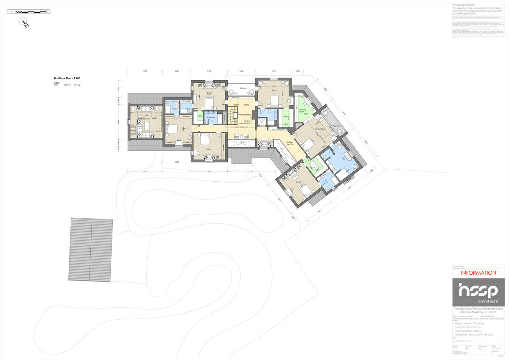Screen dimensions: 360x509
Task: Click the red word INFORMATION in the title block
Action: pyautogui.click(x=478, y=273)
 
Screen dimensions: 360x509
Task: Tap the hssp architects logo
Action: pyautogui.click(x=478, y=292)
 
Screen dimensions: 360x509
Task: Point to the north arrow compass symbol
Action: pyautogui.click(x=25, y=23)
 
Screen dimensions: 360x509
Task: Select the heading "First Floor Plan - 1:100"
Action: pyautogui.click(x=67, y=79)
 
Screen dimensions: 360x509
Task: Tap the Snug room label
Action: pyautogui.click(x=147, y=119)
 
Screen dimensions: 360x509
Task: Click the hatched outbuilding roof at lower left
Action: pyautogui.click(x=91, y=250)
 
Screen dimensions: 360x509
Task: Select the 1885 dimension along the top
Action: pyautogui.click(x=298, y=71)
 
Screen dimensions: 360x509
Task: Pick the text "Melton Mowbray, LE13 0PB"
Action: pyautogui.click(x=478, y=312)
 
